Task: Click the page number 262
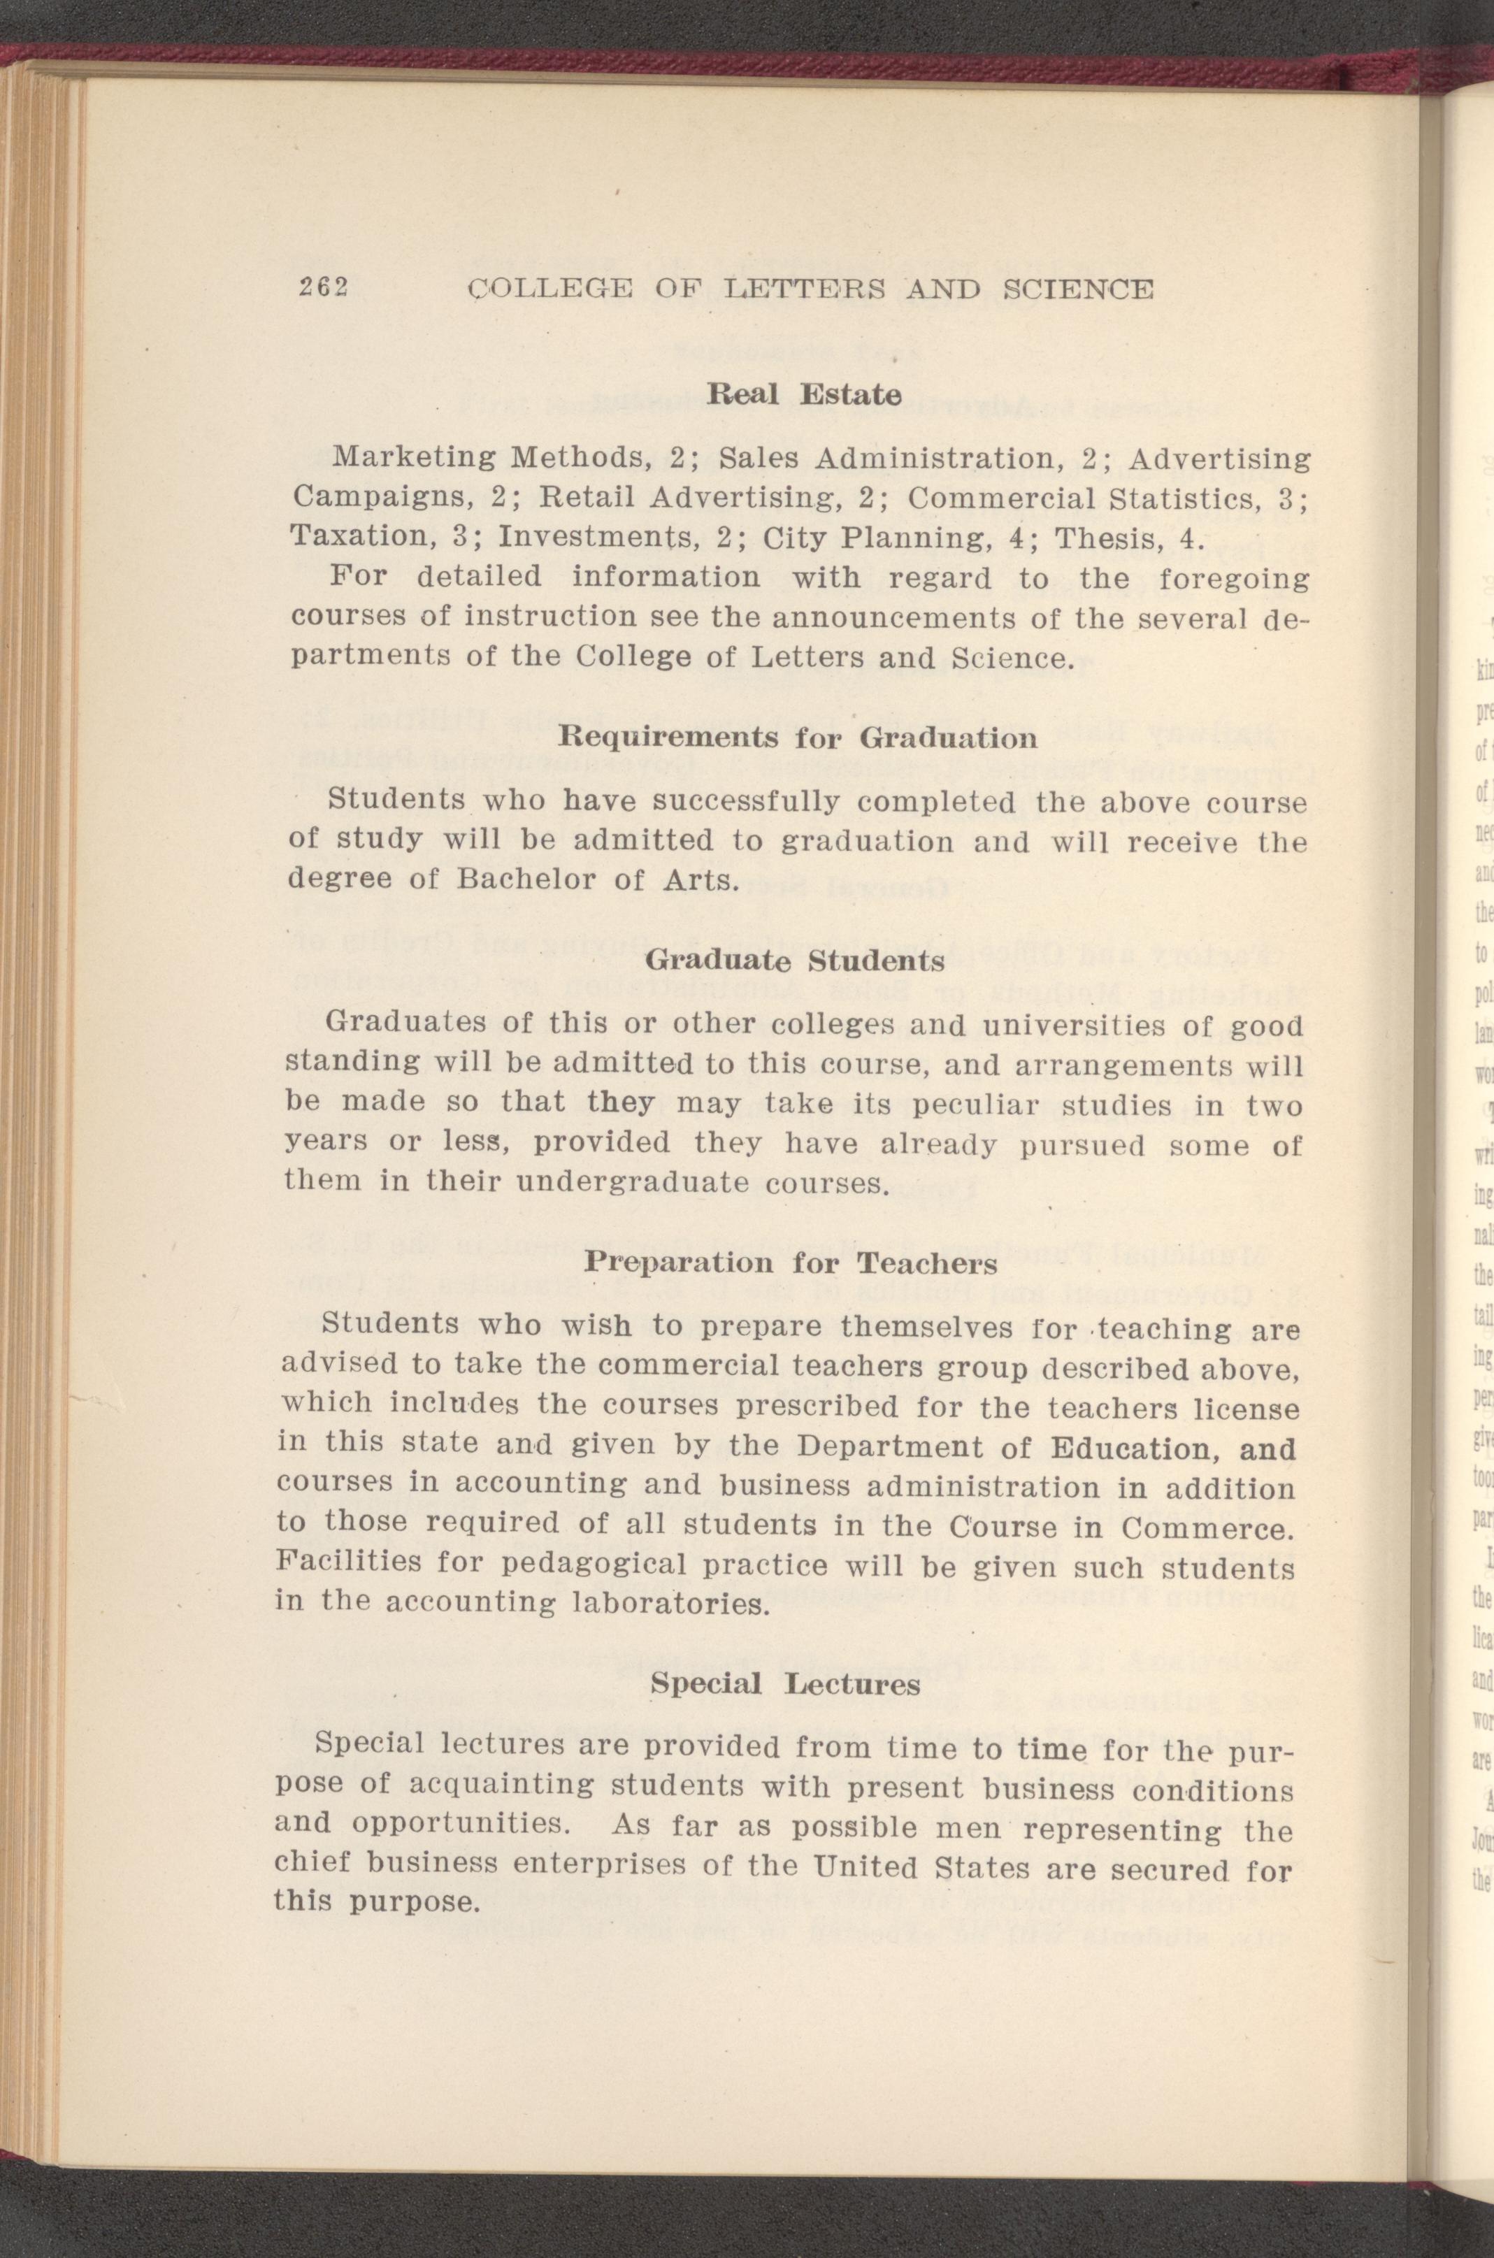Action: click(x=321, y=288)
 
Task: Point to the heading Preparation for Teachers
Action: click(x=790, y=1263)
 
